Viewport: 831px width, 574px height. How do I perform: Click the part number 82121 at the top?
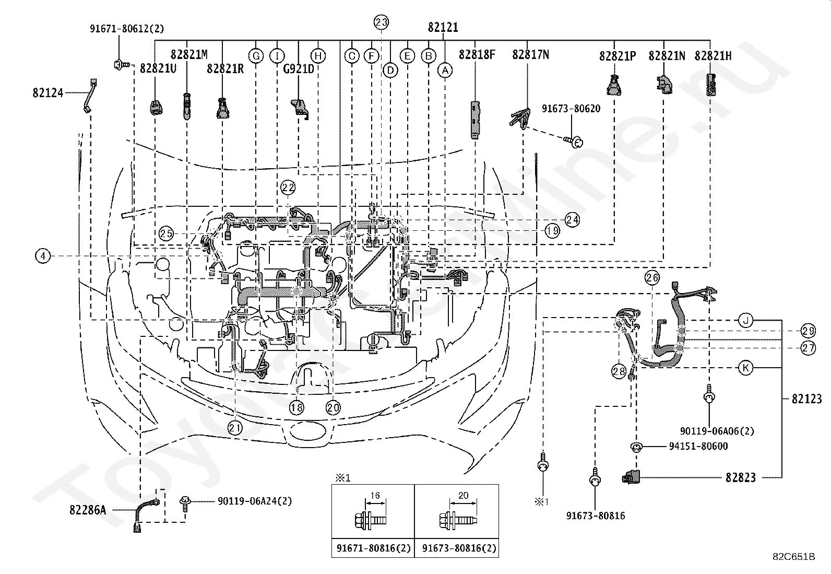point(443,27)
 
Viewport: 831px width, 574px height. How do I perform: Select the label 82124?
point(48,92)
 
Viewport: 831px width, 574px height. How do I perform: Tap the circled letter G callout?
point(256,56)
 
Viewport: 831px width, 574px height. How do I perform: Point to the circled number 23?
point(381,22)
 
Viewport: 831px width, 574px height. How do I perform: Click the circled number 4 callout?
point(43,256)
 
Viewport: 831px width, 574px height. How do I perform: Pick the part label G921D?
point(299,69)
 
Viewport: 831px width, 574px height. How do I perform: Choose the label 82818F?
point(477,55)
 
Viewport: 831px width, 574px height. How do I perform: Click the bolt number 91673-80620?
point(571,109)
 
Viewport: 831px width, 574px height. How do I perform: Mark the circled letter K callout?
point(746,368)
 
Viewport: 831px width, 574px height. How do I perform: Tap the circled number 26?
point(652,277)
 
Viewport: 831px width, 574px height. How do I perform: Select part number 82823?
point(741,477)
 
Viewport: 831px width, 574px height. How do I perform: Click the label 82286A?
point(88,510)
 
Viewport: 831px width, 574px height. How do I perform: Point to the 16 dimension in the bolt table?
point(375,495)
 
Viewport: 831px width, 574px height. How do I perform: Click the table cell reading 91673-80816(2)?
point(459,548)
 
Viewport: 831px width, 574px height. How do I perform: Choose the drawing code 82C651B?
point(794,557)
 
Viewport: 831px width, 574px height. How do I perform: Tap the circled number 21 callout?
point(235,428)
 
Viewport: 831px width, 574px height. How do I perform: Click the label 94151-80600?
point(698,446)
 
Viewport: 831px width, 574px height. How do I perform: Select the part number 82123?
point(807,399)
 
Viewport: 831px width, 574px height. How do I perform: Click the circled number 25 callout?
point(166,233)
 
